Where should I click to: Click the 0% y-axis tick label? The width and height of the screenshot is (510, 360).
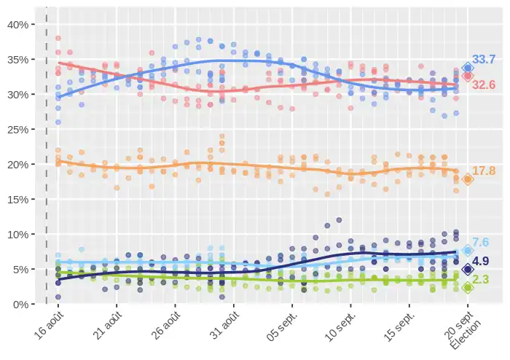20,304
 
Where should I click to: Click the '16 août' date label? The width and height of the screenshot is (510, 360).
48,326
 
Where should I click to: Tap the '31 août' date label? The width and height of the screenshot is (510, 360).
224,326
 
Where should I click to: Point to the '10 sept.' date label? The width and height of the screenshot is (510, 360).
340,328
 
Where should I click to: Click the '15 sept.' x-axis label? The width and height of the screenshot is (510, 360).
398,328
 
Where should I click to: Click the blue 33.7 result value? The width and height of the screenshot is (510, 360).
484,59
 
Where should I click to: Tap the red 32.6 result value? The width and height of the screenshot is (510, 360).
484,85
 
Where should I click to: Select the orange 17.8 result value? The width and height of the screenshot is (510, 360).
484,171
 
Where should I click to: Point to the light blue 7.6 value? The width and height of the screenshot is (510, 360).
480,243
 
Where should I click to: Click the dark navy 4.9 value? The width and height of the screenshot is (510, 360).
480,261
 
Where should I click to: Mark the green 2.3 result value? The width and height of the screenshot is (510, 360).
480,280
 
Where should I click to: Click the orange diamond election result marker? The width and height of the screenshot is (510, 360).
468,179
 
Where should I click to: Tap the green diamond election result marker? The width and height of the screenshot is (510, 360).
468,287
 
